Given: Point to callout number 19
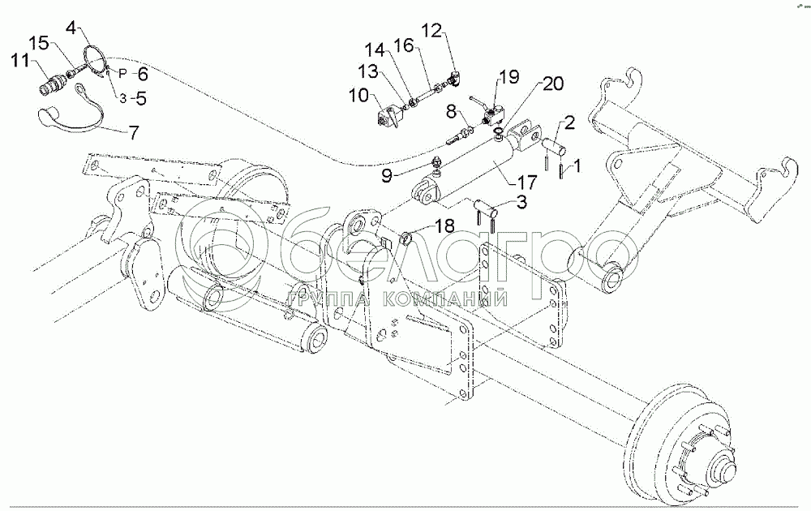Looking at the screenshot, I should point(508,78).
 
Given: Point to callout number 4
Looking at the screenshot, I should point(74,29).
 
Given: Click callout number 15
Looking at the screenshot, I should point(39,41).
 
